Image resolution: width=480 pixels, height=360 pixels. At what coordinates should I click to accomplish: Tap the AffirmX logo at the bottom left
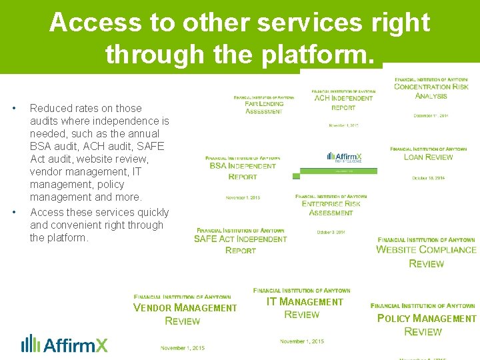coord(65,343)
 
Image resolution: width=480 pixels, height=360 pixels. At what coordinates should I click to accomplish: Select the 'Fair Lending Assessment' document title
coord(264,107)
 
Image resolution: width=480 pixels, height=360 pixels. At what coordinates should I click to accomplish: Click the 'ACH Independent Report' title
coord(343,103)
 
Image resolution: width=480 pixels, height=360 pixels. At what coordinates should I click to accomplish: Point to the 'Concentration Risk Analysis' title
coord(431,91)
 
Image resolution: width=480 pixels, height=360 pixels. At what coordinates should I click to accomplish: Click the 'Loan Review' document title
coord(428,157)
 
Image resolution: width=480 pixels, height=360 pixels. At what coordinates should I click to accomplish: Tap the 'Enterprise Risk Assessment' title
coord(331,208)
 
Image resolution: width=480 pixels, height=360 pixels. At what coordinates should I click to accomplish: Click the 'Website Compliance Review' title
coord(426,257)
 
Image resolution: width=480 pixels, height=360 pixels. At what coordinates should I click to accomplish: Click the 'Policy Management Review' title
coord(425,325)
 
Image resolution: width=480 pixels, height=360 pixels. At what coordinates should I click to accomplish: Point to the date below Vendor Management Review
coord(183,348)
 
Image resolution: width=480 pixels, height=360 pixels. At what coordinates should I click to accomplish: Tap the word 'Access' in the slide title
coord(92,23)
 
